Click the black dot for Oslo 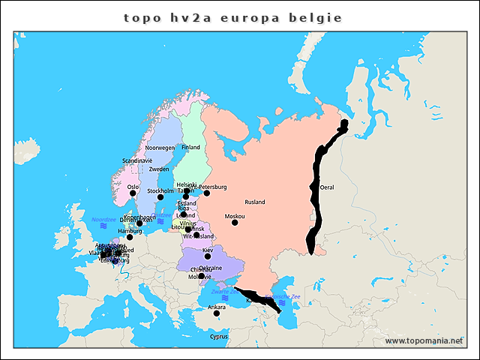tap(133, 193)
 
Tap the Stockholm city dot tap(160, 197)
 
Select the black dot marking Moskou tap(235, 222)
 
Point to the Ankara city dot tap(217, 313)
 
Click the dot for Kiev tap(208, 256)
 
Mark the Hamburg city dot tap(130, 238)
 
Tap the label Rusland tap(255, 202)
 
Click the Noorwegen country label tap(159, 148)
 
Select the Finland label tap(190, 148)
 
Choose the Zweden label tap(159, 169)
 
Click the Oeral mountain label tap(327, 187)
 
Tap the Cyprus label tap(219, 337)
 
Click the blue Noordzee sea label tap(103, 220)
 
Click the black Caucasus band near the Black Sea tap(259, 298)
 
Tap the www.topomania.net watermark tap(424, 341)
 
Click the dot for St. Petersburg tap(206, 193)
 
